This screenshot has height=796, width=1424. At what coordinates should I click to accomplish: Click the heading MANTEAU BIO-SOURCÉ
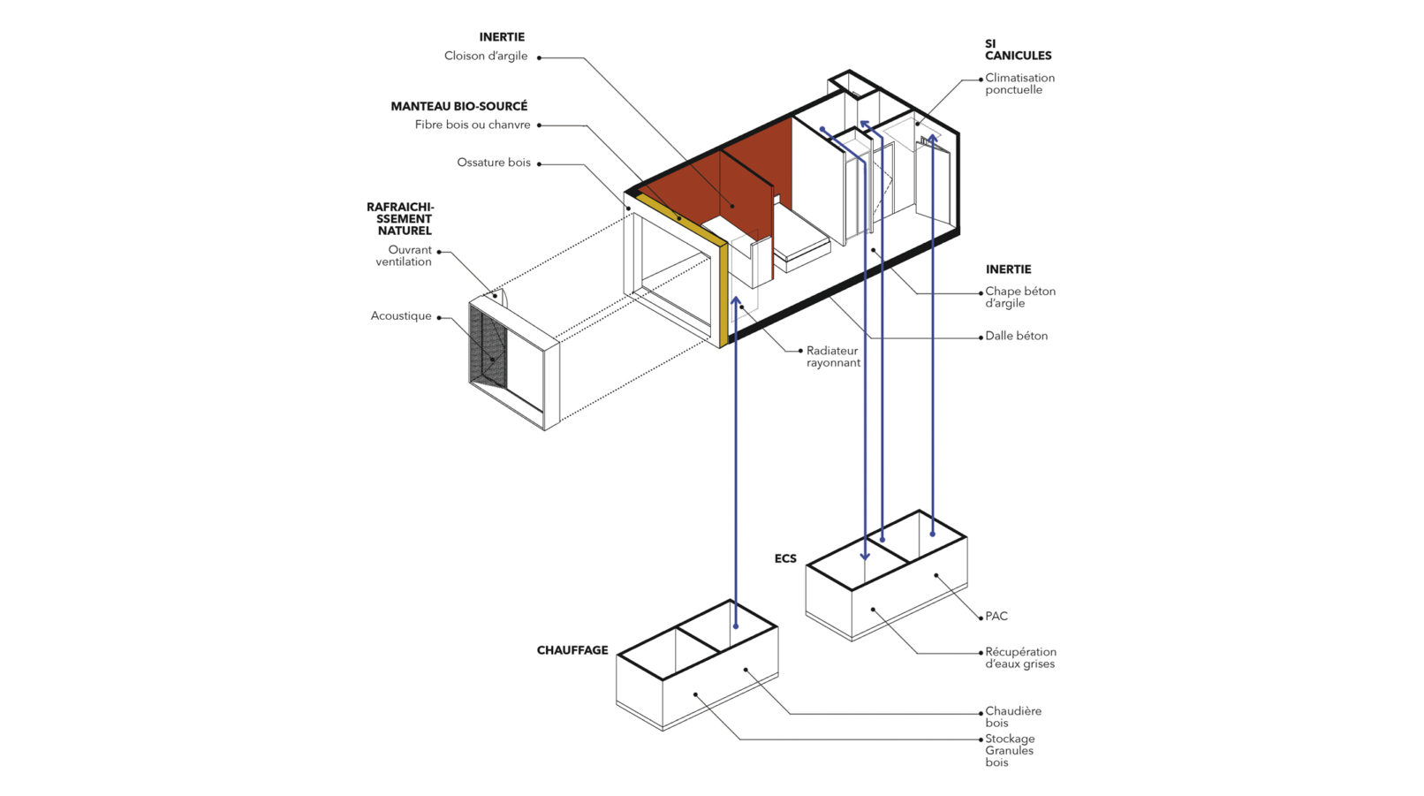[x=458, y=106]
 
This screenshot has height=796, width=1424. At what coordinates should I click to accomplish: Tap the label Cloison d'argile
[x=486, y=56]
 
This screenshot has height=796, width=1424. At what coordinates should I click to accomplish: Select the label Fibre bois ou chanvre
[x=473, y=125]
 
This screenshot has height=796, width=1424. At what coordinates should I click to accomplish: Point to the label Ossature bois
[x=494, y=163]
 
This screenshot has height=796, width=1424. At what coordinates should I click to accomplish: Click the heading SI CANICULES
[x=1018, y=49]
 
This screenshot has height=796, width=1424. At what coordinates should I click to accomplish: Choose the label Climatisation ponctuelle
[x=1019, y=84]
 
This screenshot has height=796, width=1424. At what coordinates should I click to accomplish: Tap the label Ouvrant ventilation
[x=405, y=255]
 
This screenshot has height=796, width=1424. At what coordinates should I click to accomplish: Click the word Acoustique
[x=401, y=315]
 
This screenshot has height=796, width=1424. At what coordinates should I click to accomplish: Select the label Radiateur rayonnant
[x=833, y=357]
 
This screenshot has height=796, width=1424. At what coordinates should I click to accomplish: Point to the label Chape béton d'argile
[x=1020, y=297]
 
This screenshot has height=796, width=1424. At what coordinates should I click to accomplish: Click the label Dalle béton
[x=1016, y=336]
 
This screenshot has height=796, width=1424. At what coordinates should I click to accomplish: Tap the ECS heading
[x=784, y=558]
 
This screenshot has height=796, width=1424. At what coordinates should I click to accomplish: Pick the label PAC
[x=996, y=616]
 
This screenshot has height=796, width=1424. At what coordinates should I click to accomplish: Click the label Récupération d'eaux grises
[x=1020, y=658]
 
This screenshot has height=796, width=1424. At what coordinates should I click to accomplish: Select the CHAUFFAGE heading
[x=572, y=650]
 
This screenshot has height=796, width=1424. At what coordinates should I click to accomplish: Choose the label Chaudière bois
[x=1013, y=716]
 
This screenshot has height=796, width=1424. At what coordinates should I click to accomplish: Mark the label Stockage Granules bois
[x=1010, y=750]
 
